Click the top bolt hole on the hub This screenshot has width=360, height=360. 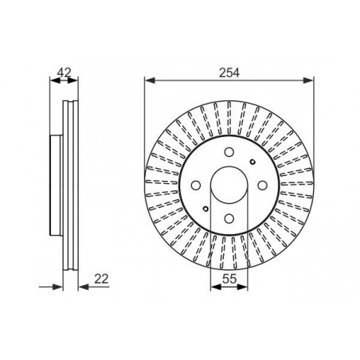coord(228,154)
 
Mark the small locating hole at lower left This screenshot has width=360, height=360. coord(207,209)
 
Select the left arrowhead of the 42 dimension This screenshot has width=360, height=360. coord(53,80)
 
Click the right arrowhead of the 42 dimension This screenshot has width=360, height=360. coord(77,80)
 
